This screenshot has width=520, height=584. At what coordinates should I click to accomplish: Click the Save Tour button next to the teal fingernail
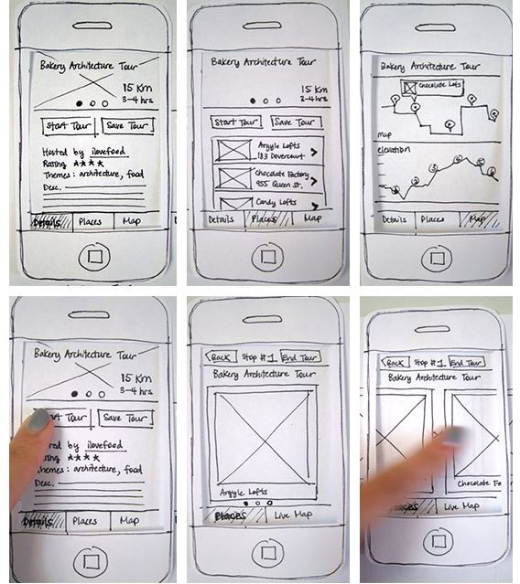(x=125, y=418)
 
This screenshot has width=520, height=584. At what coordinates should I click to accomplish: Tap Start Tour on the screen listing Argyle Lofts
(x=236, y=122)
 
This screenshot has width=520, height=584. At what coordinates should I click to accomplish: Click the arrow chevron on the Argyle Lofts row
(x=314, y=153)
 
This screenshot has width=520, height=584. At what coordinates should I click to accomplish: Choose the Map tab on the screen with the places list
(x=312, y=219)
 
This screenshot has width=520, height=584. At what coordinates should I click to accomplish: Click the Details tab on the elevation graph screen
(x=395, y=219)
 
